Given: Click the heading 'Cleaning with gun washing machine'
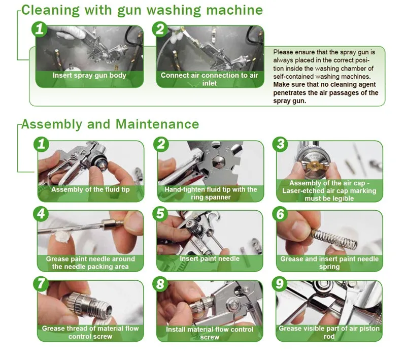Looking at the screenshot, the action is (142, 11).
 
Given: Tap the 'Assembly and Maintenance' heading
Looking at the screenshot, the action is (110, 124).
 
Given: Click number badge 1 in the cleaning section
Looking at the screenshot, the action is (40, 29).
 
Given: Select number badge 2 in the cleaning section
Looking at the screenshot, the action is (160, 29).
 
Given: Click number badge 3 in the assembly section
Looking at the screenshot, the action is (281, 144).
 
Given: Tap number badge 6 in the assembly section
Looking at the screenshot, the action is (281, 214).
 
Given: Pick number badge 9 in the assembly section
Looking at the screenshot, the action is (280, 284).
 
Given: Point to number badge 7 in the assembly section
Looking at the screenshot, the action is (41, 284).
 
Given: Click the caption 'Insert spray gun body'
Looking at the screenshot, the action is (89, 75).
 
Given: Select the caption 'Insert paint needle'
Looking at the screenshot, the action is (210, 258).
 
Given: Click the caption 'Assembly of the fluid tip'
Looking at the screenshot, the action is (90, 189).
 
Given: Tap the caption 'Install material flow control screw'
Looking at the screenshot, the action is (210, 333).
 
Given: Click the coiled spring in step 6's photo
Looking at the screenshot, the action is (334, 238).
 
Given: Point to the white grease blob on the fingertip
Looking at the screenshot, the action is (61, 237).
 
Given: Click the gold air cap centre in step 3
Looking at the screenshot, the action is (314, 165).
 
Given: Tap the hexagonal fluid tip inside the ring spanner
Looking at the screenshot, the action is (217, 163).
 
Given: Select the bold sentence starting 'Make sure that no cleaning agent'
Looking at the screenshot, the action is (326, 93).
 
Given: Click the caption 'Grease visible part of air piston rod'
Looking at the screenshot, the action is (329, 332).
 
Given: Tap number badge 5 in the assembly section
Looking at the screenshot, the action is (160, 214).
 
